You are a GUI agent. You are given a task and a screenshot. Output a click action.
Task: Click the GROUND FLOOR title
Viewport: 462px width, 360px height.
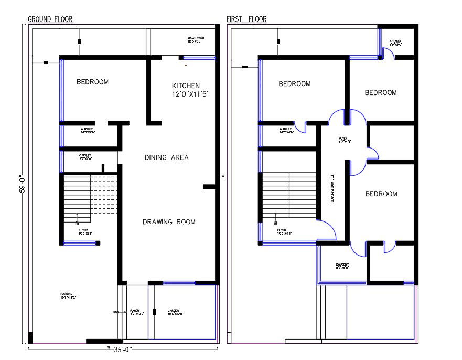tap(50, 19)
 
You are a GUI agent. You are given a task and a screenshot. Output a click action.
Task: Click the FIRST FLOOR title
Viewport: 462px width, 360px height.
tap(246, 19)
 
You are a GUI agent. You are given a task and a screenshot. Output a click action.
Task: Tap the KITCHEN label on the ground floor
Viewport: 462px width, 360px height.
tap(186, 86)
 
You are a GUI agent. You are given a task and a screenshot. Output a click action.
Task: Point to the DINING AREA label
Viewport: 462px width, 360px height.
tap(166, 157)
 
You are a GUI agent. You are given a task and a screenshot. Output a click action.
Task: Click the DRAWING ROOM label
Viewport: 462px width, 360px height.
tap(169, 222)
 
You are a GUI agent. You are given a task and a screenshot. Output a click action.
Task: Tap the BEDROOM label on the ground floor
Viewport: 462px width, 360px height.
tap(92, 82)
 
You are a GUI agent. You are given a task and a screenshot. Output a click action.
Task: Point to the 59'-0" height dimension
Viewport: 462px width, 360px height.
tap(23, 184)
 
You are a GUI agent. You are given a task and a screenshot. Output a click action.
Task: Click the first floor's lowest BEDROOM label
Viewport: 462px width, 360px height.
tap(381, 194)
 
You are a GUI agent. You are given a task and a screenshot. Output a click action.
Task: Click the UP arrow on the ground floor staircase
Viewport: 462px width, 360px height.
tap(77, 218)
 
